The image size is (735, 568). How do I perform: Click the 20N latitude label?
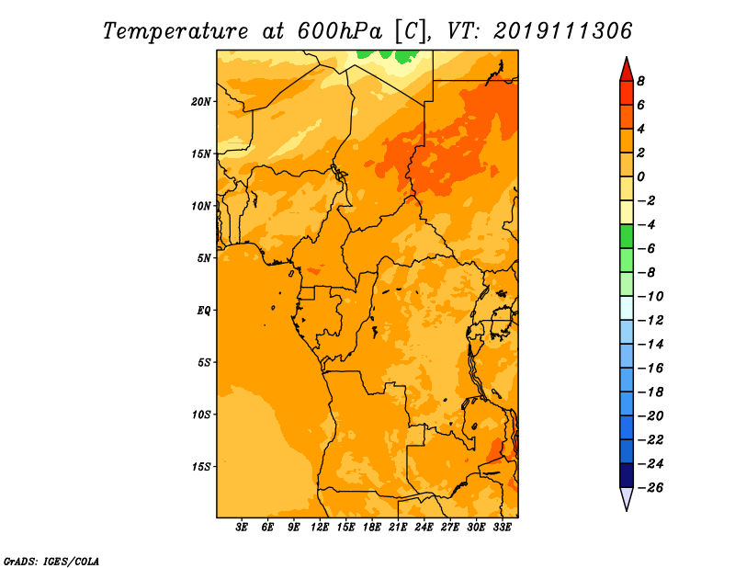(201, 102)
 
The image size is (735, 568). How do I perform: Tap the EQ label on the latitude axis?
(204, 311)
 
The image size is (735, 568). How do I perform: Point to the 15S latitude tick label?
(201, 467)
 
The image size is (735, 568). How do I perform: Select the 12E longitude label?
(320, 528)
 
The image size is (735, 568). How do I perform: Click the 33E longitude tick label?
(502, 528)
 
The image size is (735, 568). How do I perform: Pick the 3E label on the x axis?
(242, 528)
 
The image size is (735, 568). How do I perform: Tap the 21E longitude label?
(398, 528)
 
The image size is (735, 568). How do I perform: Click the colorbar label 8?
(640, 81)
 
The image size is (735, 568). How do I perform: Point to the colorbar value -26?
(650, 488)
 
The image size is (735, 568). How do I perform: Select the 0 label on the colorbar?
(640, 176)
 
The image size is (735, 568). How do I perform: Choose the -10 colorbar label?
(650, 297)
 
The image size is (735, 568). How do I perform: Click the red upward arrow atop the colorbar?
(627, 70)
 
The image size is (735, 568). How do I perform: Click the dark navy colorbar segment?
(627, 475)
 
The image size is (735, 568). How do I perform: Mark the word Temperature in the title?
(175, 32)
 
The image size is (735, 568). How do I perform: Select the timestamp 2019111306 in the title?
(563, 31)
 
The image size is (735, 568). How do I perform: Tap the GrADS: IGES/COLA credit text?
(51, 562)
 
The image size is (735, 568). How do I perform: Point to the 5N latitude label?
(204, 258)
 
